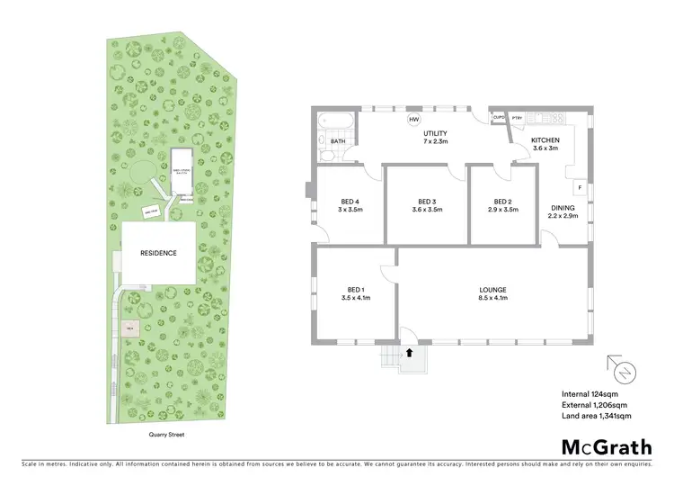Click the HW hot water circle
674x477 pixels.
pos(414,120)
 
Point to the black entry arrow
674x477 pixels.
pos(410,354)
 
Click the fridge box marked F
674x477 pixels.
pos(581,188)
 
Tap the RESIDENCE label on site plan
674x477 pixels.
pos(157,253)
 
